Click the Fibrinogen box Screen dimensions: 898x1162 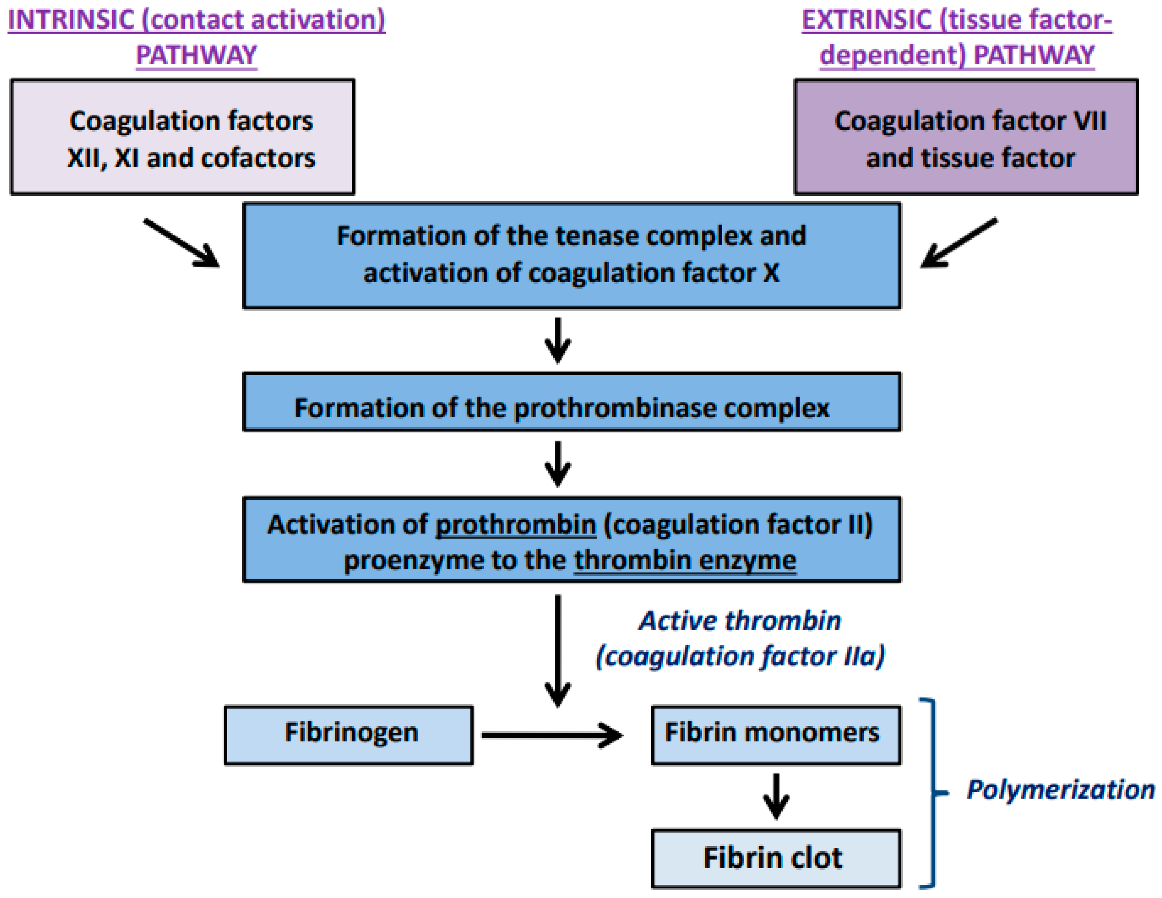tap(348, 735)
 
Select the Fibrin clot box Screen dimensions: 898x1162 tap(776, 858)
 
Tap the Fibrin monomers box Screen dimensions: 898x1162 tap(776, 735)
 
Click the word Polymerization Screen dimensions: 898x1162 tap(1060, 789)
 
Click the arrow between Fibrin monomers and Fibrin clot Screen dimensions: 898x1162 tap(776, 796)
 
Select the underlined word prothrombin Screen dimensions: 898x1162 tap(515, 525)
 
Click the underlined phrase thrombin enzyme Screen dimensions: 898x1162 tap(685, 560)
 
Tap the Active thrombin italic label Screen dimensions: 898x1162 tap(740, 621)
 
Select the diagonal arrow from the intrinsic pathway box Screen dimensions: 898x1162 tap(181, 243)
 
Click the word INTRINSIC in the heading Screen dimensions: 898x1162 tap(71, 20)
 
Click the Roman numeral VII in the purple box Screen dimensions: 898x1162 tap(1088, 121)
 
